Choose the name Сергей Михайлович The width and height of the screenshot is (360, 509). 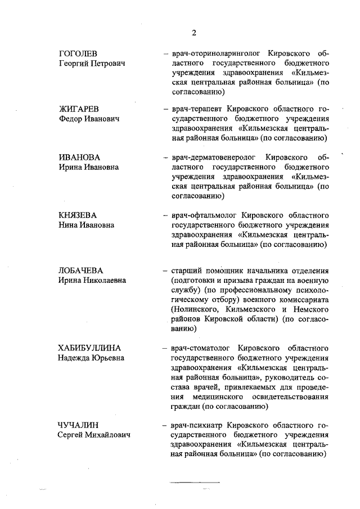[94, 435]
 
